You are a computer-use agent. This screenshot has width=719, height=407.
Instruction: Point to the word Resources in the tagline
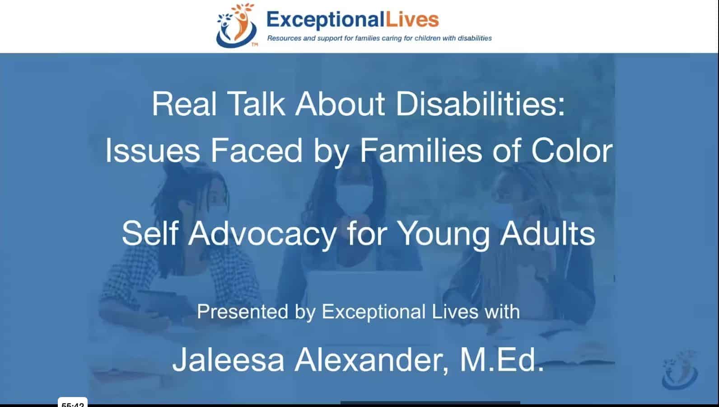click(284, 38)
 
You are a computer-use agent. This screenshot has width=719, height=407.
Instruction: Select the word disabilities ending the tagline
click(475, 38)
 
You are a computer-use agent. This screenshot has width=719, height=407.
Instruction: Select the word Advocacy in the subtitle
click(262, 234)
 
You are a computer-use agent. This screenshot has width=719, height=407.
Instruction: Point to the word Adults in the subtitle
click(547, 234)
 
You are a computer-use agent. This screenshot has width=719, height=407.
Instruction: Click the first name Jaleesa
click(228, 360)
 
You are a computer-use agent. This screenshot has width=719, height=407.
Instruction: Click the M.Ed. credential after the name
click(501, 360)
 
